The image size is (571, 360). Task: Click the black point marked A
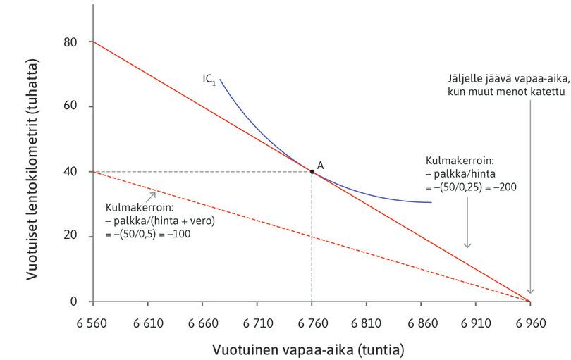tap(312, 171)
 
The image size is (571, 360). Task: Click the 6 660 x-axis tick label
tap(202, 323)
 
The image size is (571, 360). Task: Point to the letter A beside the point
tap(321, 164)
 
